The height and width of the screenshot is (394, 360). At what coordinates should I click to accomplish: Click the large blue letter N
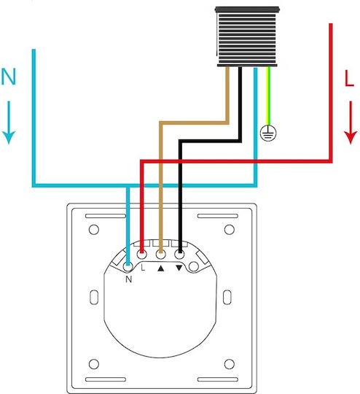[x=9, y=77]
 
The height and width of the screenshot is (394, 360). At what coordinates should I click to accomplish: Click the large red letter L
[x=349, y=78]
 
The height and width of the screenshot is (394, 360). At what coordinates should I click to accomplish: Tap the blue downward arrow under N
[x=9, y=123]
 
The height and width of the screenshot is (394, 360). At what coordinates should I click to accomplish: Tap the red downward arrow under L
[x=351, y=123]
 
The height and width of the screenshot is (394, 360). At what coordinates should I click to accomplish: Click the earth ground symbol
[x=268, y=133]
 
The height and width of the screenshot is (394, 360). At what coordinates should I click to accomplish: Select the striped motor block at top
[x=247, y=36]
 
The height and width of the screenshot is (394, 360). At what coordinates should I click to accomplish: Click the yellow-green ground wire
[x=268, y=96]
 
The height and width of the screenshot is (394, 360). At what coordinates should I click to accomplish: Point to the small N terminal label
[x=128, y=279]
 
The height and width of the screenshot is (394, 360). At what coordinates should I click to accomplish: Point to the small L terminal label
[x=143, y=267]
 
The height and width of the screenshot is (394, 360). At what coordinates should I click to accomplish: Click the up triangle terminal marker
[x=160, y=269]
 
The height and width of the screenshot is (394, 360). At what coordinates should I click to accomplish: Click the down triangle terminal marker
[x=179, y=268]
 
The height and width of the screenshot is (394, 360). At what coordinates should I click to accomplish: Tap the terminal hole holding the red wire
[x=142, y=255]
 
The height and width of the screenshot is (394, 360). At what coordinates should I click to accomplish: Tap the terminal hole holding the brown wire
[x=161, y=255]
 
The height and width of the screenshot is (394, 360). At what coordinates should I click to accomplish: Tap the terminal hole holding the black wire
[x=179, y=255]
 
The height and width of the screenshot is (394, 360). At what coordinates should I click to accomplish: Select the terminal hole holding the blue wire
[x=128, y=266]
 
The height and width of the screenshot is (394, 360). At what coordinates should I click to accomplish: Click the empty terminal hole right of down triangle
[x=194, y=266]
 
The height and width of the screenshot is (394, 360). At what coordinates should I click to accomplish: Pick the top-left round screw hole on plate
[x=94, y=229]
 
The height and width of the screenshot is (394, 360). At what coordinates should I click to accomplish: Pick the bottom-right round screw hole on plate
[x=230, y=364]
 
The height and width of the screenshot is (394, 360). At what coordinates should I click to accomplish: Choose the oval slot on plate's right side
[x=227, y=297]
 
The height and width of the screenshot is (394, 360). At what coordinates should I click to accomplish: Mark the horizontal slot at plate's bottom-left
[x=106, y=379]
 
